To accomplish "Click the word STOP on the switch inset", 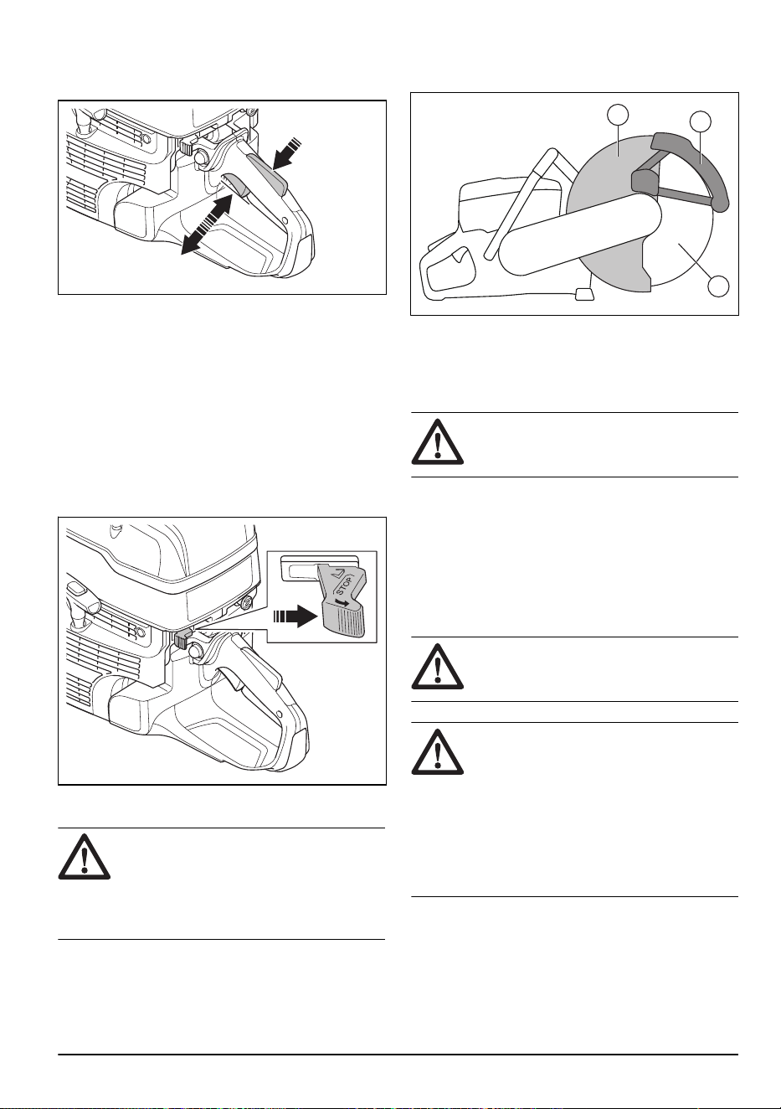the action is (x=345, y=585).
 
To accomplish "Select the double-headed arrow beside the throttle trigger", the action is (x=207, y=224).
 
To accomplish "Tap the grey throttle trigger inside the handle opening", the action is (x=237, y=186).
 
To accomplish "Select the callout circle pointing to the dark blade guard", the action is (x=701, y=121).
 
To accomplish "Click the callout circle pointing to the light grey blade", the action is (x=618, y=115).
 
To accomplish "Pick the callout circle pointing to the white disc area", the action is (x=718, y=286).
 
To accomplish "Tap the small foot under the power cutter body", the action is (x=583, y=294).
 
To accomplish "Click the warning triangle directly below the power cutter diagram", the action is (x=438, y=442).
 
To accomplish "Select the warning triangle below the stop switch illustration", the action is (x=85, y=857).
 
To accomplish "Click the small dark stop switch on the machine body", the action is (x=181, y=639).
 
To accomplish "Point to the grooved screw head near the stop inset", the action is (x=246, y=602).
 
